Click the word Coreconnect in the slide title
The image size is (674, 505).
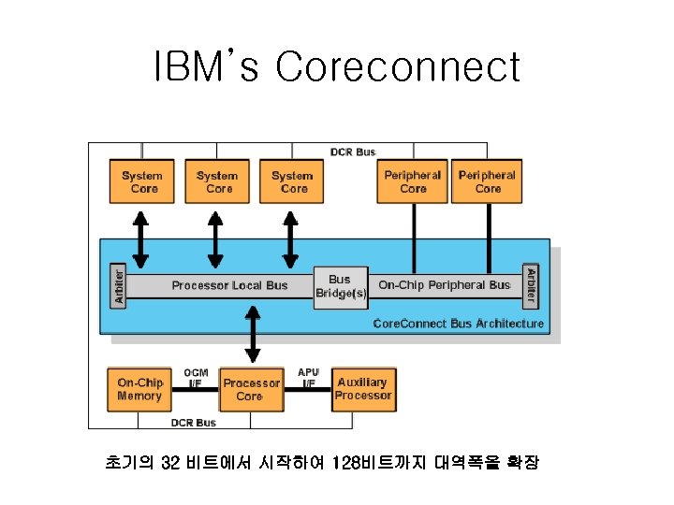pos(398,67)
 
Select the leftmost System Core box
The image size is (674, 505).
pos(141,181)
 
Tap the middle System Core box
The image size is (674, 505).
pos(216,181)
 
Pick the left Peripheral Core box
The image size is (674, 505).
pos(413,181)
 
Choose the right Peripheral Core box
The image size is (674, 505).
pos(487,181)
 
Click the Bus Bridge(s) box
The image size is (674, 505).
pos(341,286)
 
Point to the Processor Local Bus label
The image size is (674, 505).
pos(229,285)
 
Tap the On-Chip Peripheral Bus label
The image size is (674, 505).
pos(445,285)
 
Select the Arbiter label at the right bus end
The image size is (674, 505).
pos(531,285)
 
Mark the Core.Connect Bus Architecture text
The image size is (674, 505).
pos(458,324)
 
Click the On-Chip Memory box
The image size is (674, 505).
pos(139,389)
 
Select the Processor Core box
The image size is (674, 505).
pos(251,389)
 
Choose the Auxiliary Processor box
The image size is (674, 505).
pos(363,389)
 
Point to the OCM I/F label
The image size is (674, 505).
pos(196,378)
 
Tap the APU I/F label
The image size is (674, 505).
pos(308,378)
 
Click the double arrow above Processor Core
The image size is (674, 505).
pos(252,338)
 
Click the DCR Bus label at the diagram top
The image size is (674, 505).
pos(353,151)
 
